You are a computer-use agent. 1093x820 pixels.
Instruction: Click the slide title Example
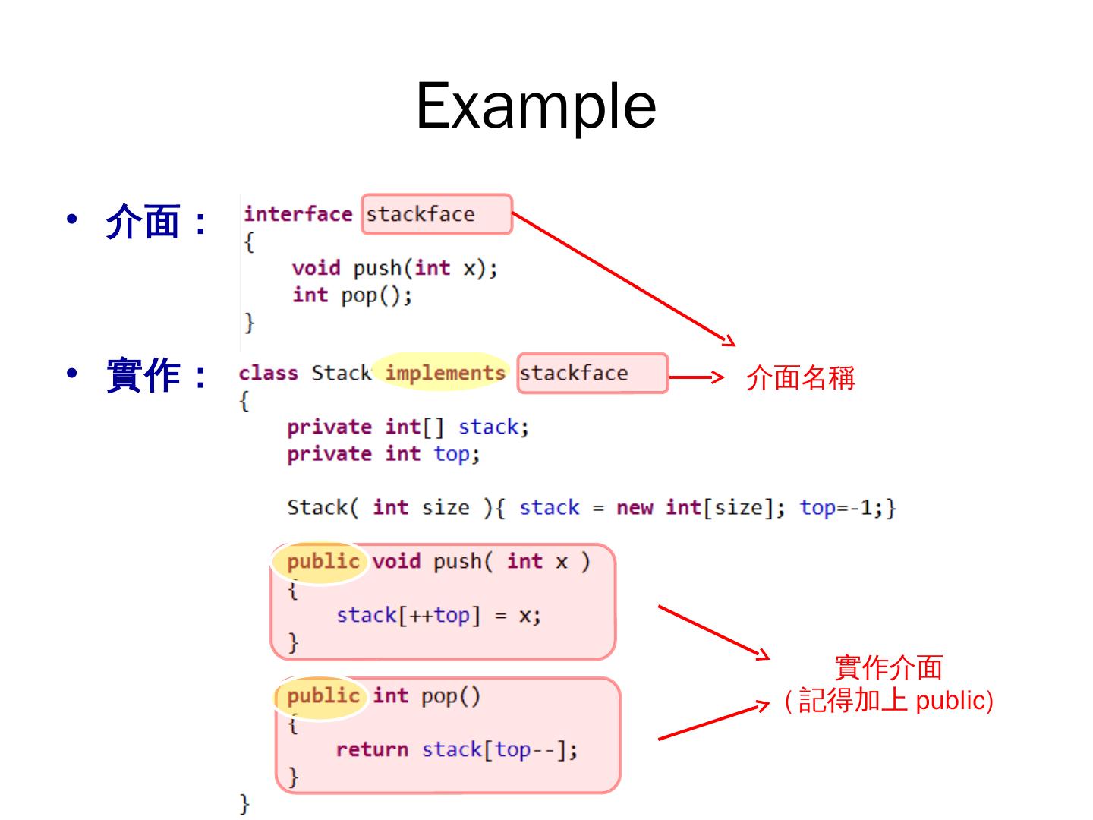coord(536,106)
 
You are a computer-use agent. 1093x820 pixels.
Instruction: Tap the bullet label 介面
coord(143,222)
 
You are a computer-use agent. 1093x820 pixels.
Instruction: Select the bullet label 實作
coord(143,375)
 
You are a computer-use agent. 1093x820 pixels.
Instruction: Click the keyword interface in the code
coord(298,214)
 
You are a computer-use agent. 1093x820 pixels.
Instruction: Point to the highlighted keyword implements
coord(445,373)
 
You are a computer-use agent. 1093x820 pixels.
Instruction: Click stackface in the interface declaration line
coord(421,214)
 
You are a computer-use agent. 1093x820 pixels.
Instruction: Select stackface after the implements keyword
coord(574,373)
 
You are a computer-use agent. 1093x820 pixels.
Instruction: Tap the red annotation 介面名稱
coord(800,377)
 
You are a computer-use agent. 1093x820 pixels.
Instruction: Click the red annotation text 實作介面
coord(888,667)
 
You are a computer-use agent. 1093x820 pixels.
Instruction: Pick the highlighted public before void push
coord(323,561)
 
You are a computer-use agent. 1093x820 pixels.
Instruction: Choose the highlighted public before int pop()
coord(323,695)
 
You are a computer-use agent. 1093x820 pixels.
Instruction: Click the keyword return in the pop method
coord(372,749)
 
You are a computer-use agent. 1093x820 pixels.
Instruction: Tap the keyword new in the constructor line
coord(635,507)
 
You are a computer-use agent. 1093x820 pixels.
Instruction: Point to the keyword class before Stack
coord(268,373)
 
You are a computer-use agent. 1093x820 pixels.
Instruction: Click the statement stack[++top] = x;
coord(439,615)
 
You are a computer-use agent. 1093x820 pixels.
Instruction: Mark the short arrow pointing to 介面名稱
coord(696,377)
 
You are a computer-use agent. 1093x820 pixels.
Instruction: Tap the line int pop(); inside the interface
coord(352,295)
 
